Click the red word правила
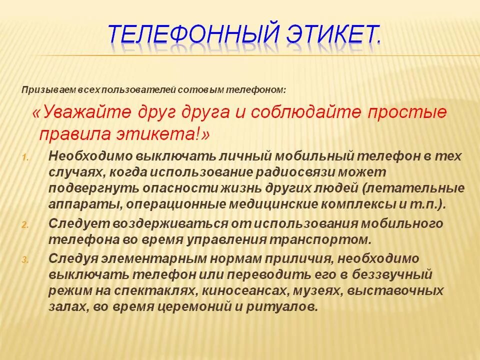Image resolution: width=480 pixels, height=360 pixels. (x=69, y=134)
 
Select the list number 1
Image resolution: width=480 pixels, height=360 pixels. (x=25, y=157)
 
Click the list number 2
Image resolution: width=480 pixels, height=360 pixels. (x=25, y=225)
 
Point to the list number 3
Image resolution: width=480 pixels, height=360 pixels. (x=25, y=259)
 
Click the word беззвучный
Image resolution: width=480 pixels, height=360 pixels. (x=388, y=274)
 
